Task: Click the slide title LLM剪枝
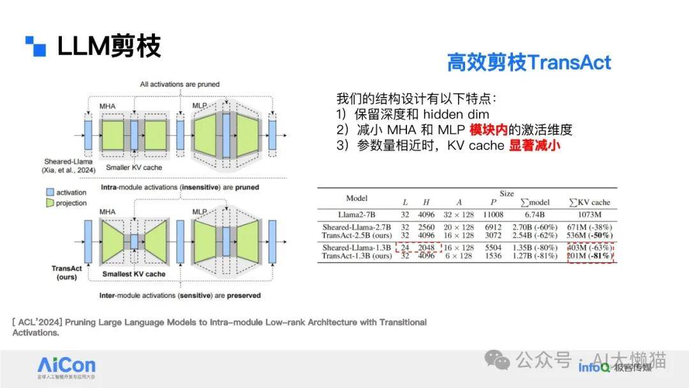[x=108, y=46]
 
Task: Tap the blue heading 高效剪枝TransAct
[x=529, y=63]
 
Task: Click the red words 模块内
[x=488, y=130]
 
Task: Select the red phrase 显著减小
[x=535, y=145]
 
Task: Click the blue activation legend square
[x=50, y=192]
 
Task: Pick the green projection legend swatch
[x=50, y=202]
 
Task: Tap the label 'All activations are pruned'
[x=180, y=84]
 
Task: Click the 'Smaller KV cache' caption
[x=134, y=167]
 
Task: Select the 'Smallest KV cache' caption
[x=134, y=274]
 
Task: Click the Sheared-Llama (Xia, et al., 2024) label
[x=68, y=166]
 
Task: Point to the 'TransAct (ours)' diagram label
[x=67, y=272]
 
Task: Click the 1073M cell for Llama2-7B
[x=589, y=214]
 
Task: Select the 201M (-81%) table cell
[x=589, y=256]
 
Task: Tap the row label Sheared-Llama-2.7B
[x=357, y=227]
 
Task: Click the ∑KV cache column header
[x=589, y=202]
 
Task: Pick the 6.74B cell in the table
[x=535, y=214]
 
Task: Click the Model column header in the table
[x=357, y=198]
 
